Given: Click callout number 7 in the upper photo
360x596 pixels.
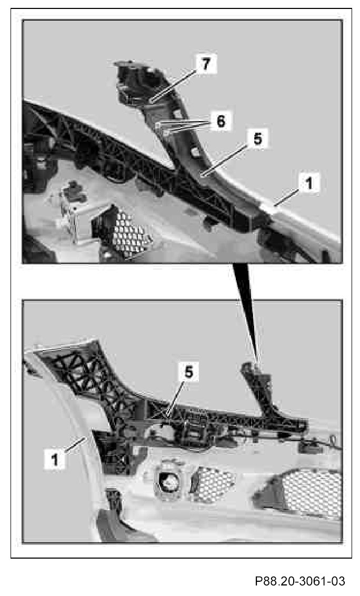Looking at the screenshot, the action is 206,64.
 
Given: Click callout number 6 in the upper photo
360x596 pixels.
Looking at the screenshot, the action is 221,121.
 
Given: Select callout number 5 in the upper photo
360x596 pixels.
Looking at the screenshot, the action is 257,139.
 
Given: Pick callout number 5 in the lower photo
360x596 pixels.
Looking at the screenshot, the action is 189,373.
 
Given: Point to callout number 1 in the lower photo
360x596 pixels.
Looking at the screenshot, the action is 55,459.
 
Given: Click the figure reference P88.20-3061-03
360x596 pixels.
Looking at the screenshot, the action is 300,581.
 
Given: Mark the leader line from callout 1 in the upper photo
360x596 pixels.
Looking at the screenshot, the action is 288,198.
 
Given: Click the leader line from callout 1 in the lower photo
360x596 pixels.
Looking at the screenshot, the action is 75,445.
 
